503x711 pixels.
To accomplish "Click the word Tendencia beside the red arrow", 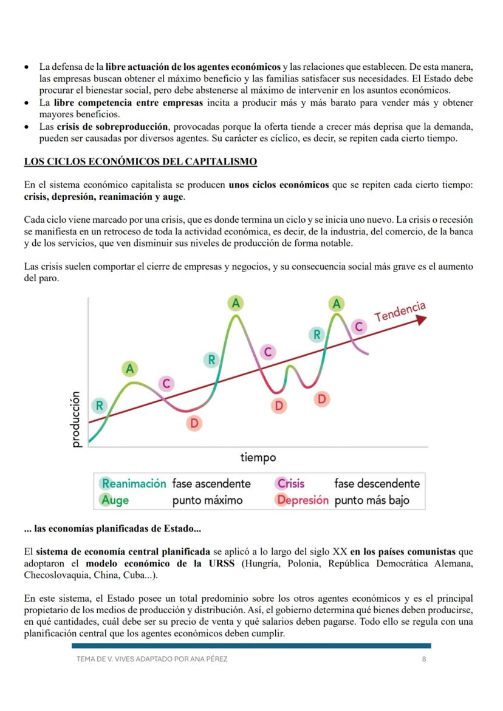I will point(400,311).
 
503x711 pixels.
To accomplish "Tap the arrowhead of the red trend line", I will point(422,319).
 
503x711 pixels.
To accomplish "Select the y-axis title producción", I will point(75,419).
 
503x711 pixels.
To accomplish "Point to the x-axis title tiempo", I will point(258,457).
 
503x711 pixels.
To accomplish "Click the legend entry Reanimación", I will point(134,483).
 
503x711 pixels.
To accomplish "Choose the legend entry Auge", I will point(115,500).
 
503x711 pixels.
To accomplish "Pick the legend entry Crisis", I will point(290,483).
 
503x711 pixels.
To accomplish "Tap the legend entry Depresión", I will point(303,500).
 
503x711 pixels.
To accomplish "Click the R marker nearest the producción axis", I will point(99,405).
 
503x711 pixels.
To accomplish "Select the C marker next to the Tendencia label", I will point(358,327).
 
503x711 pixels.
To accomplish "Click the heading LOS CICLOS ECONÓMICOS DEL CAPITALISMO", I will point(140,162).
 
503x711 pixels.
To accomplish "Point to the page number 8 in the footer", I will point(423,659).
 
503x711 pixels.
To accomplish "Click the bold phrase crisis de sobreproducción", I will point(112,126).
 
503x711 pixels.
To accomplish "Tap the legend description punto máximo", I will point(207,500).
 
